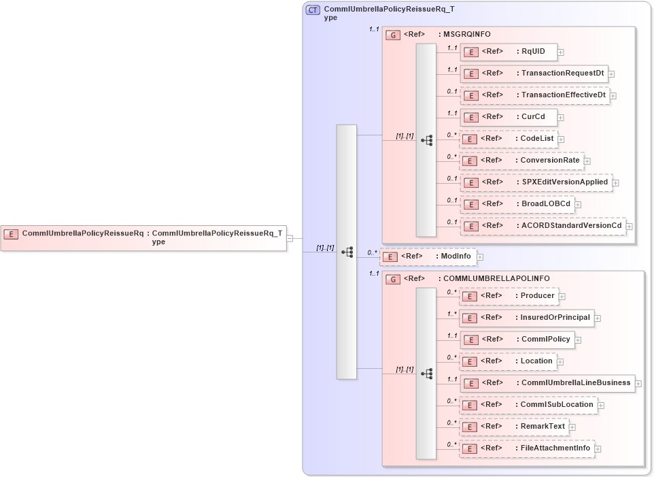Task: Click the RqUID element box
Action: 509,52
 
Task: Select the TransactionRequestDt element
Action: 534,73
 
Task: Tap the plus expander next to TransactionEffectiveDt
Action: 613,96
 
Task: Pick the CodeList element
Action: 508,139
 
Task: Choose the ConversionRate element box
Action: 521,161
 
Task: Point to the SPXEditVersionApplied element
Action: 536,182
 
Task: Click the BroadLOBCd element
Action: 517,204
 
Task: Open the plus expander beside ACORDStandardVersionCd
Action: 630,227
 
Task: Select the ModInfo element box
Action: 428,257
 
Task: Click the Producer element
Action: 509,296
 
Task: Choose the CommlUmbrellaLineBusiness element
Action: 547,383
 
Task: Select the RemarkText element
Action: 514,427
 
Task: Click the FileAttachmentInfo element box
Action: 527,448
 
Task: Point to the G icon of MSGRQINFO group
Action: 393,35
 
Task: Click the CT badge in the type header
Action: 313,10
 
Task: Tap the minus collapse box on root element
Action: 290,238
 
